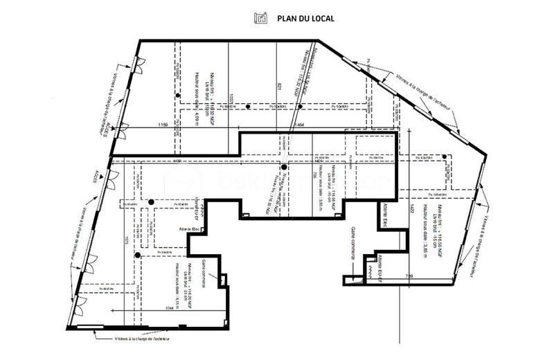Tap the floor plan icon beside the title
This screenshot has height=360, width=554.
tap(260, 17)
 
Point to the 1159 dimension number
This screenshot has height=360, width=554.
tap(163, 125)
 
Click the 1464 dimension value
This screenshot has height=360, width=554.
tap(301, 125)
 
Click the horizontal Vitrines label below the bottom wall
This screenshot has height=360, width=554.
tap(142, 339)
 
